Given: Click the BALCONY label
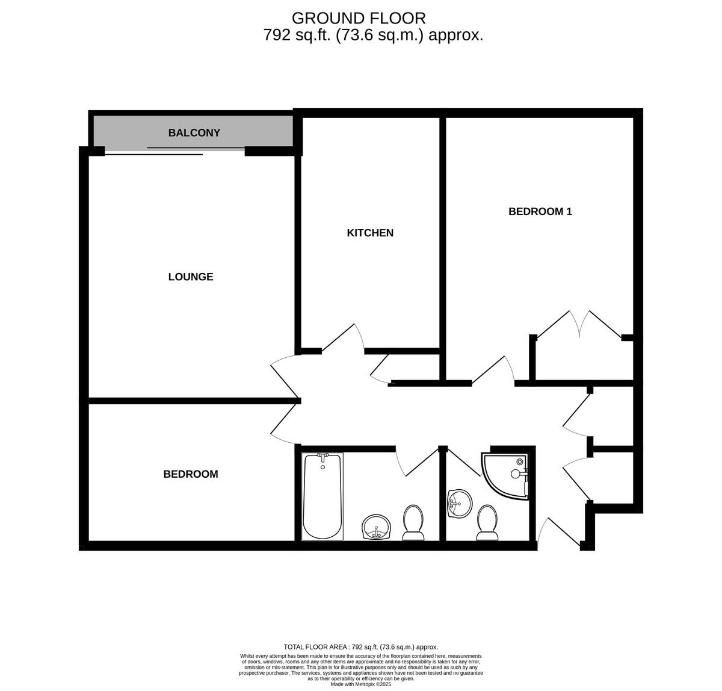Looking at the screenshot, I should click(x=194, y=133).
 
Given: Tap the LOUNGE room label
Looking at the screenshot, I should click(x=190, y=277).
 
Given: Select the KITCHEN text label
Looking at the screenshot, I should click(x=370, y=233).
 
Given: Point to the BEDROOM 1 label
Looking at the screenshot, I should click(x=540, y=211).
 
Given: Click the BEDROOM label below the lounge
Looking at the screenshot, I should click(x=190, y=474).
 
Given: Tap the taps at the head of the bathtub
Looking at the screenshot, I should click(x=322, y=460).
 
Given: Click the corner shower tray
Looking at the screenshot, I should click(x=505, y=476).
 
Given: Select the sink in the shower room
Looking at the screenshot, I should click(x=458, y=502).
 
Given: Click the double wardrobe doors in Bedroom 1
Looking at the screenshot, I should click(x=579, y=325).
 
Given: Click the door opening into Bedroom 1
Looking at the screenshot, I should click(x=493, y=369).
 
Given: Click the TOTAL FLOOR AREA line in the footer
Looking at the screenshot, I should click(x=360, y=646).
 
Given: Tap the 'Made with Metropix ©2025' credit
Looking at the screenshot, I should click(x=361, y=684).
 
